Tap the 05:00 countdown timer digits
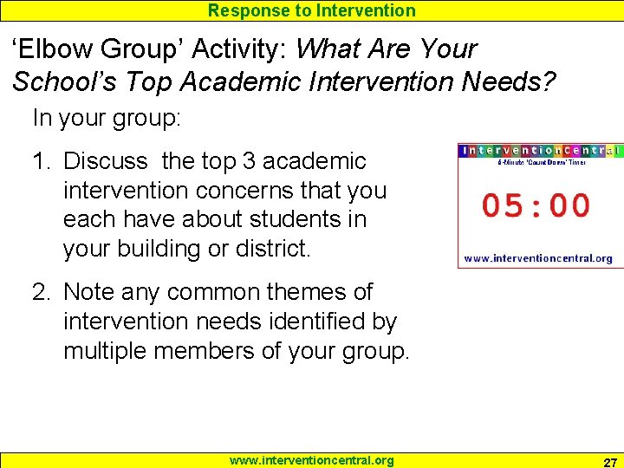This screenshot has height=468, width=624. pos(536,205)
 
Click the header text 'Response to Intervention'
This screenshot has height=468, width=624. pos(312,10)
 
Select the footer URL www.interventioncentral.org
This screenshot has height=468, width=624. pos(311,460)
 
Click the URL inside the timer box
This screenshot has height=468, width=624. pos(538,257)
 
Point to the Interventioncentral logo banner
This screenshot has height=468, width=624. pos(541,150)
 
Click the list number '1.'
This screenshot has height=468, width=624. pos(43,161)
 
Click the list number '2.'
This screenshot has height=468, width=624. pos(43,292)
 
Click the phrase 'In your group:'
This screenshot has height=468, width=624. pos(107,117)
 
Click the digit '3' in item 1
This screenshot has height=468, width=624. pos(250,161)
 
